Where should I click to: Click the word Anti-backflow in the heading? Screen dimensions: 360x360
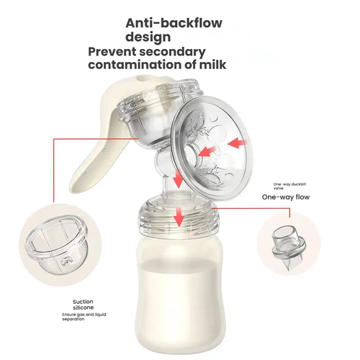[174, 23]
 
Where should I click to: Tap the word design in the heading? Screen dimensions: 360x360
[148, 37]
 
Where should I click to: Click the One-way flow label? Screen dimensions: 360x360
[286, 197]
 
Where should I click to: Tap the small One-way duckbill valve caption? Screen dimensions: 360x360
[289, 186]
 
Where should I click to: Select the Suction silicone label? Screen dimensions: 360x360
[84, 305]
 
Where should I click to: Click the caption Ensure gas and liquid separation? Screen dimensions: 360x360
[84, 317]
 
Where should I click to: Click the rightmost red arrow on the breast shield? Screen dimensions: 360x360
[237, 143]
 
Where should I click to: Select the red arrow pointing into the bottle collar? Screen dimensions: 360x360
[179, 217]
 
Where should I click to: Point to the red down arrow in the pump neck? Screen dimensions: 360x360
[179, 179]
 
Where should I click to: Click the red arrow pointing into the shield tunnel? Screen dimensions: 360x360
[207, 152]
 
